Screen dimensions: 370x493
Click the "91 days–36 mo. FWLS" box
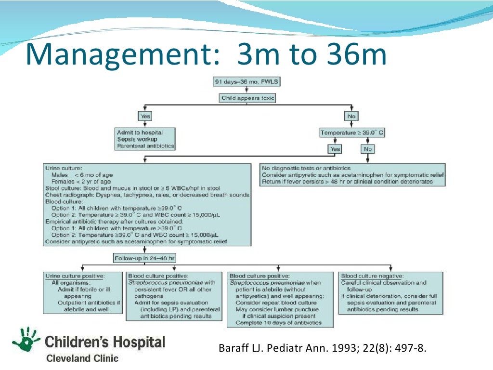246,81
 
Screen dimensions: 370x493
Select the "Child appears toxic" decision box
248,98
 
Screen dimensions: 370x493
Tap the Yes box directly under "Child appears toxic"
145,116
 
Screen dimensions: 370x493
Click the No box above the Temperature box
351,116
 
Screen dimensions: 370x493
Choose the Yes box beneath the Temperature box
335,149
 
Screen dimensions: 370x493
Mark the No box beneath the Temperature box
368,149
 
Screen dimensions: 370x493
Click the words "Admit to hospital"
140,132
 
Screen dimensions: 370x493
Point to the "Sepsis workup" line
137,139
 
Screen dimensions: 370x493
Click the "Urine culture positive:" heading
75,276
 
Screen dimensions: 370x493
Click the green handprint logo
26,340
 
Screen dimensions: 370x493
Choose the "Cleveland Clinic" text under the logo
82,358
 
